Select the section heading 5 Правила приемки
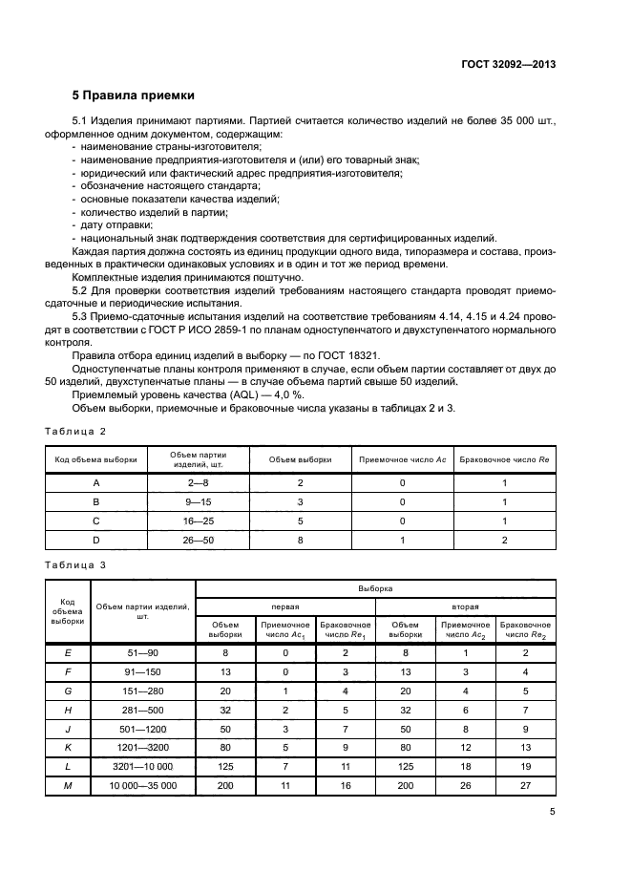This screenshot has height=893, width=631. point(134,96)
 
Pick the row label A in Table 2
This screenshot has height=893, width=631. point(96,483)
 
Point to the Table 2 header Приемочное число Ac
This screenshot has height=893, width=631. point(402,459)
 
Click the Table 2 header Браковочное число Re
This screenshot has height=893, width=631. point(504,459)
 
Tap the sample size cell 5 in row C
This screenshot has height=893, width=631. point(300,521)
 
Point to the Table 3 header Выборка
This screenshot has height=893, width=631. point(375,590)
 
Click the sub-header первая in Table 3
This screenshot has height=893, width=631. point(285,606)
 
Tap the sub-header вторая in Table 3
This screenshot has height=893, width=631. point(465,606)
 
